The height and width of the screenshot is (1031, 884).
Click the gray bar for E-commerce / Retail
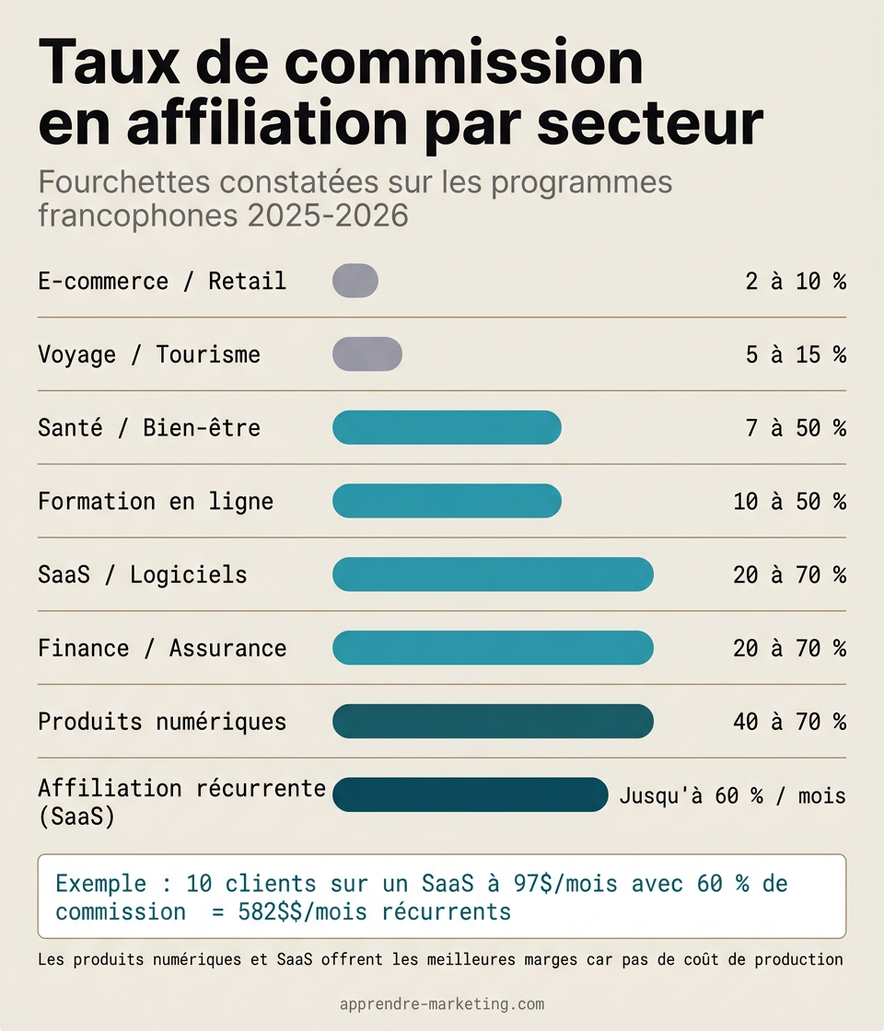(x=355, y=281)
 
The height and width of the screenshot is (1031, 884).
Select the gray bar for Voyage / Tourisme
(x=367, y=354)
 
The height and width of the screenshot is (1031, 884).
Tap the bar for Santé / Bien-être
(x=447, y=428)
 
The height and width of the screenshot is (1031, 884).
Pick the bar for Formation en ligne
(x=447, y=501)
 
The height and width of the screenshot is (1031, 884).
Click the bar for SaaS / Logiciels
(x=493, y=574)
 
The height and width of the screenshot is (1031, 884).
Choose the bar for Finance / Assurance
(x=493, y=648)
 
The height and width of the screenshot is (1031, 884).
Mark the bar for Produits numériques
(x=493, y=722)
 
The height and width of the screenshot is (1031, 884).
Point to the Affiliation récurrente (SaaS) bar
(x=470, y=794)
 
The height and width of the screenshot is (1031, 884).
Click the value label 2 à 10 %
(x=796, y=282)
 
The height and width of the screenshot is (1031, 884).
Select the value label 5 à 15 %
(x=796, y=355)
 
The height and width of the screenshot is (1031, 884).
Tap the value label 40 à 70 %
(x=789, y=723)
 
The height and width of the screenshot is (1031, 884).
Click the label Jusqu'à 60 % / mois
(x=732, y=795)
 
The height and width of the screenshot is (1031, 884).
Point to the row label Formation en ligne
(x=156, y=502)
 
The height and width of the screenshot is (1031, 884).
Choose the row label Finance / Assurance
(x=162, y=649)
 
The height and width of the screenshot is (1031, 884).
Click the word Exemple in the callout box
(x=100, y=884)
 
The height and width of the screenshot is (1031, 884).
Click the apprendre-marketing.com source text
(x=442, y=1004)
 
